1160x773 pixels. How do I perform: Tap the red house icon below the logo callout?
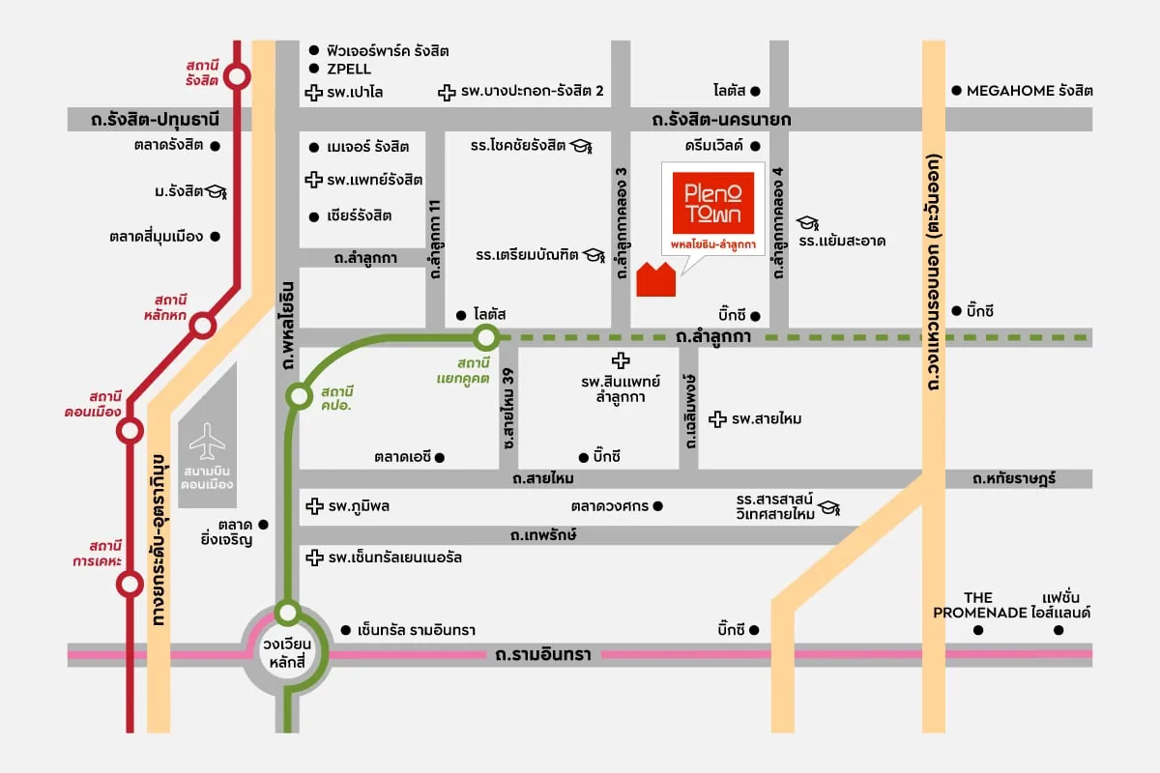coord(657,278)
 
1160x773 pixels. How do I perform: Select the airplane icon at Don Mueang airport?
coord(207,444)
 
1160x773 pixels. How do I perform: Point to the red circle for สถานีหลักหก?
coord(202,325)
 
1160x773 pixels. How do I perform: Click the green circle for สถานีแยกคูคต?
coord(486,337)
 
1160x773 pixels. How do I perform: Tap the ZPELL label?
coord(348,69)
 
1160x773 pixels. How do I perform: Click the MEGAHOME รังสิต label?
coord(1030,91)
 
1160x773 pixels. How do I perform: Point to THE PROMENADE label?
coord(978,605)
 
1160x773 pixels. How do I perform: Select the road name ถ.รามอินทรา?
coord(541,655)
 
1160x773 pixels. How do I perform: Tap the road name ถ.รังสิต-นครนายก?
coord(721,119)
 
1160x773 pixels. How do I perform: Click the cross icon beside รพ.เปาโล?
coord(313,93)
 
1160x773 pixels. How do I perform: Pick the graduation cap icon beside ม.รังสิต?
coord(218,191)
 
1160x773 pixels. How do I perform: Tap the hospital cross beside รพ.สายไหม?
coord(717,418)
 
